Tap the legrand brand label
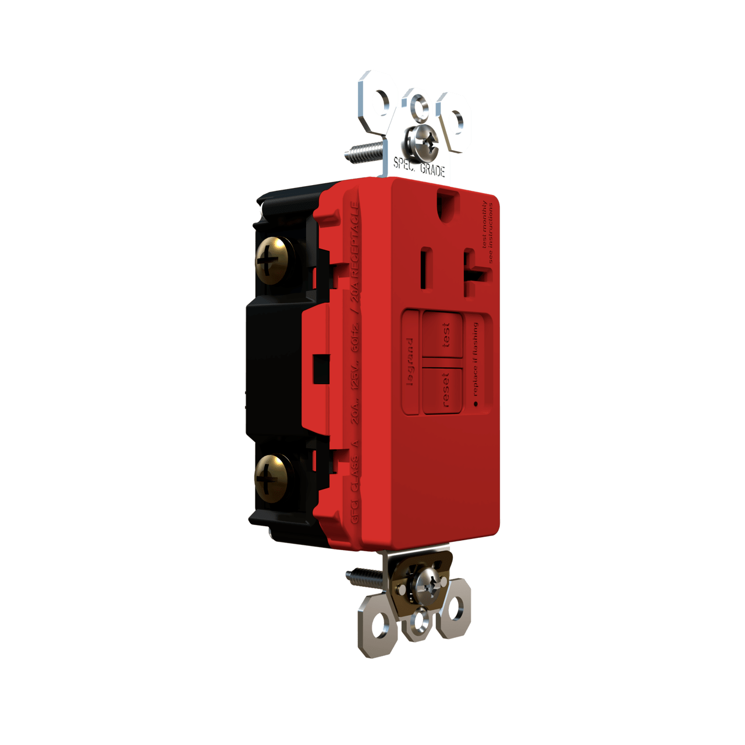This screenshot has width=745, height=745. pos(411,362)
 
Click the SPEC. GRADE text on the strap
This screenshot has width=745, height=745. pos(419,166)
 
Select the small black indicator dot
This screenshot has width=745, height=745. pos(475,403)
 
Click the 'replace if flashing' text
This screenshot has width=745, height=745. pos(476,360)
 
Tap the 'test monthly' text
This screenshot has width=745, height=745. pos(485,224)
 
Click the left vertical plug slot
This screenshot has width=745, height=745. pos(424,263)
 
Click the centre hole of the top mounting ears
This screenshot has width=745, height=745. pos(418,104)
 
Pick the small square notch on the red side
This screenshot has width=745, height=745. pos(319,368)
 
